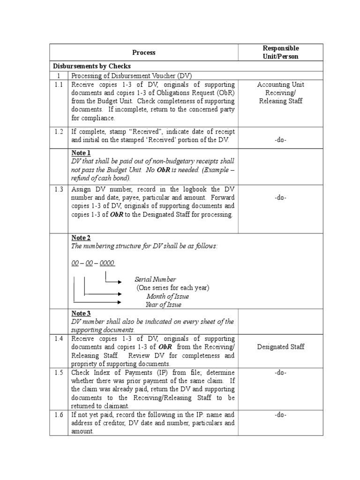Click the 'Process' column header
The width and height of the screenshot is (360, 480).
pyautogui.click(x=143, y=52)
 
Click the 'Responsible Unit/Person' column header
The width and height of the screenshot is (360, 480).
pyautogui.click(x=281, y=52)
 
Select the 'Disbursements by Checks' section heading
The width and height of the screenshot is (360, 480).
pyautogui.click(x=91, y=66)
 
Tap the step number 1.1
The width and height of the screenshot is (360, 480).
pyautogui.click(x=59, y=84)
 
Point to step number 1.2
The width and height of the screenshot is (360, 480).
pyautogui.click(x=59, y=131)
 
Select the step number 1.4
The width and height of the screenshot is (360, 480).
pyautogui.click(x=59, y=338)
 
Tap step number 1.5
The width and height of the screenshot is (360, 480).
pyautogui.click(x=59, y=373)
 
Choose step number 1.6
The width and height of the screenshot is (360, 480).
pyautogui.click(x=59, y=415)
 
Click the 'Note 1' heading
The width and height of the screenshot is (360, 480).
pyautogui.click(x=81, y=153)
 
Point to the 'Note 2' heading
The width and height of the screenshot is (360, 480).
pyautogui.click(x=81, y=238)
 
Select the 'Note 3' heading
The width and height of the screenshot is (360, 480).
pyautogui.click(x=81, y=313)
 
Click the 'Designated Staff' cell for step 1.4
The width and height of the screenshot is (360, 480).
pyautogui.click(x=281, y=347)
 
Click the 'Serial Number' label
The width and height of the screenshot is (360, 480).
pyautogui.click(x=155, y=279)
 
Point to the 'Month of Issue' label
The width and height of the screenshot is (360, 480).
pyautogui.click(x=167, y=296)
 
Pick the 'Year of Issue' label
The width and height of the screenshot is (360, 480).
pyautogui.click(x=163, y=305)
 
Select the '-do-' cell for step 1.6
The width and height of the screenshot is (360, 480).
pyautogui.click(x=281, y=415)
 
